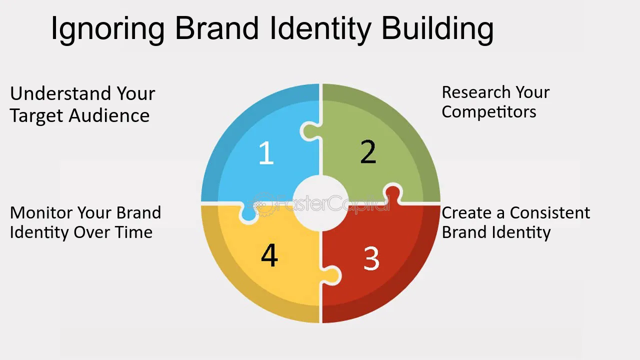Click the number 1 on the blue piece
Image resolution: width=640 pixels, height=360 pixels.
click(x=266, y=153)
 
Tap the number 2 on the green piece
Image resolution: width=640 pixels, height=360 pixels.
click(x=368, y=152)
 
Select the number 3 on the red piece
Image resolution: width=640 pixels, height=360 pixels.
click(x=371, y=258)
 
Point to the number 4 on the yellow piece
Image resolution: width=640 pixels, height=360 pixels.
click(x=269, y=255)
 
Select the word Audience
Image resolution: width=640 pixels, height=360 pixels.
click(x=109, y=116)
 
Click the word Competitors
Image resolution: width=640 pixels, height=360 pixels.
click(x=488, y=112)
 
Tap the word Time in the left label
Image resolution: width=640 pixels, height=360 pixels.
click(x=135, y=232)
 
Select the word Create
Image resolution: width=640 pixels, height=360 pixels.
click(x=466, y=213)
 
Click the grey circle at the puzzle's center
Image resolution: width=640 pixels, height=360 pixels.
click(x=320, y=203)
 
